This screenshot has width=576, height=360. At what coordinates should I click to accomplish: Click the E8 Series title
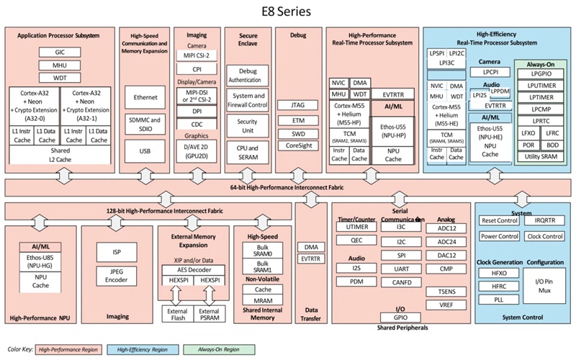288,12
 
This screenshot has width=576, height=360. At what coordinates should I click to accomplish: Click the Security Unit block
247,127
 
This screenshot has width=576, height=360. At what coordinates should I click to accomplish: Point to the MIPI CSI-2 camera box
197,55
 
